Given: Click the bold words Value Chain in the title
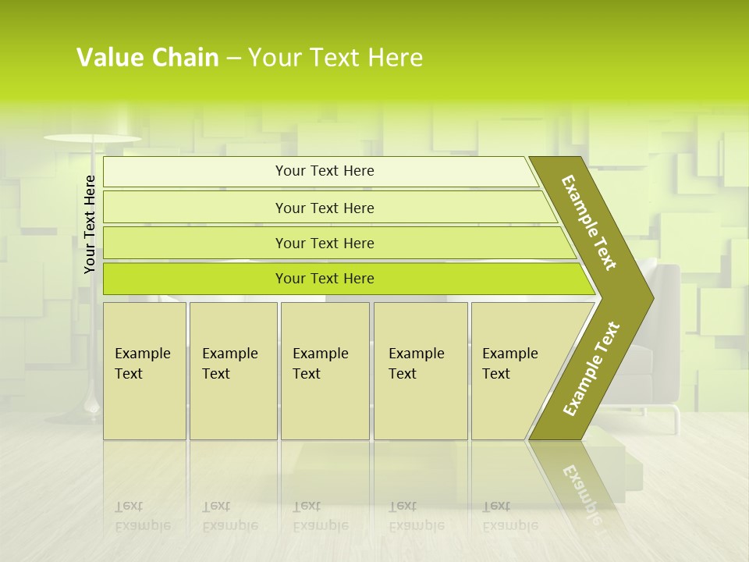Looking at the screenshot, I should coord(147,58).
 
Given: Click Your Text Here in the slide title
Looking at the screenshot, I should coord(335,58).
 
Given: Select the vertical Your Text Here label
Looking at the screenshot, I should coord(90,224).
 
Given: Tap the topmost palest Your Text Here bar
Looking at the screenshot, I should coord(324,171).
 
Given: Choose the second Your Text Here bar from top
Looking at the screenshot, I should coord(324,208).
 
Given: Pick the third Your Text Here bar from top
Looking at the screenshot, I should coord(324,243).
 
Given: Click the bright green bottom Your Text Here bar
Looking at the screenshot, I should coord(324,279).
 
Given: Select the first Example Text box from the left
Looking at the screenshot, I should coord(144,370).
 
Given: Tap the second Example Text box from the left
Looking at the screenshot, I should coord(233,370).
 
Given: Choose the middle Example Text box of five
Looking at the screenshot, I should coord(325,370).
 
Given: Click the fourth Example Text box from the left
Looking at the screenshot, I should coord(421,370).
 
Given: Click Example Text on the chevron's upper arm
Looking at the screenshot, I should coord(589,222).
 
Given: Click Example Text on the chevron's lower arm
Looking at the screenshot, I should coord(591,368).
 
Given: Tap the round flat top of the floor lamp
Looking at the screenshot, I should coord(92,138).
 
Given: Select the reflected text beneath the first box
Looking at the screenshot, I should coord(142,516).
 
